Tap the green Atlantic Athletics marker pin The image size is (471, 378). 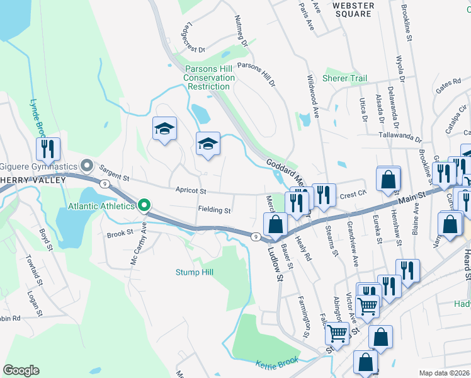pos(144,205)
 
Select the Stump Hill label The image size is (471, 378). pos(195,272)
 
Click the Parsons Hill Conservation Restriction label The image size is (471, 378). pos(209,77)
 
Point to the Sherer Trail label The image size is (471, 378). pos(344,78)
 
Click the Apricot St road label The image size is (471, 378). pos(191,190)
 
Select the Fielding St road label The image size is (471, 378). pos(215,210)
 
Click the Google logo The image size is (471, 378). pos(21,370)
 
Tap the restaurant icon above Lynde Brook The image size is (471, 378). pos(48,149)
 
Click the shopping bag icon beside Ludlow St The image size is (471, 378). pos(275,223)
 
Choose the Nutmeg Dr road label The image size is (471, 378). pos(241,31)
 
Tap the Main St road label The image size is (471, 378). pos(412,200)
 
